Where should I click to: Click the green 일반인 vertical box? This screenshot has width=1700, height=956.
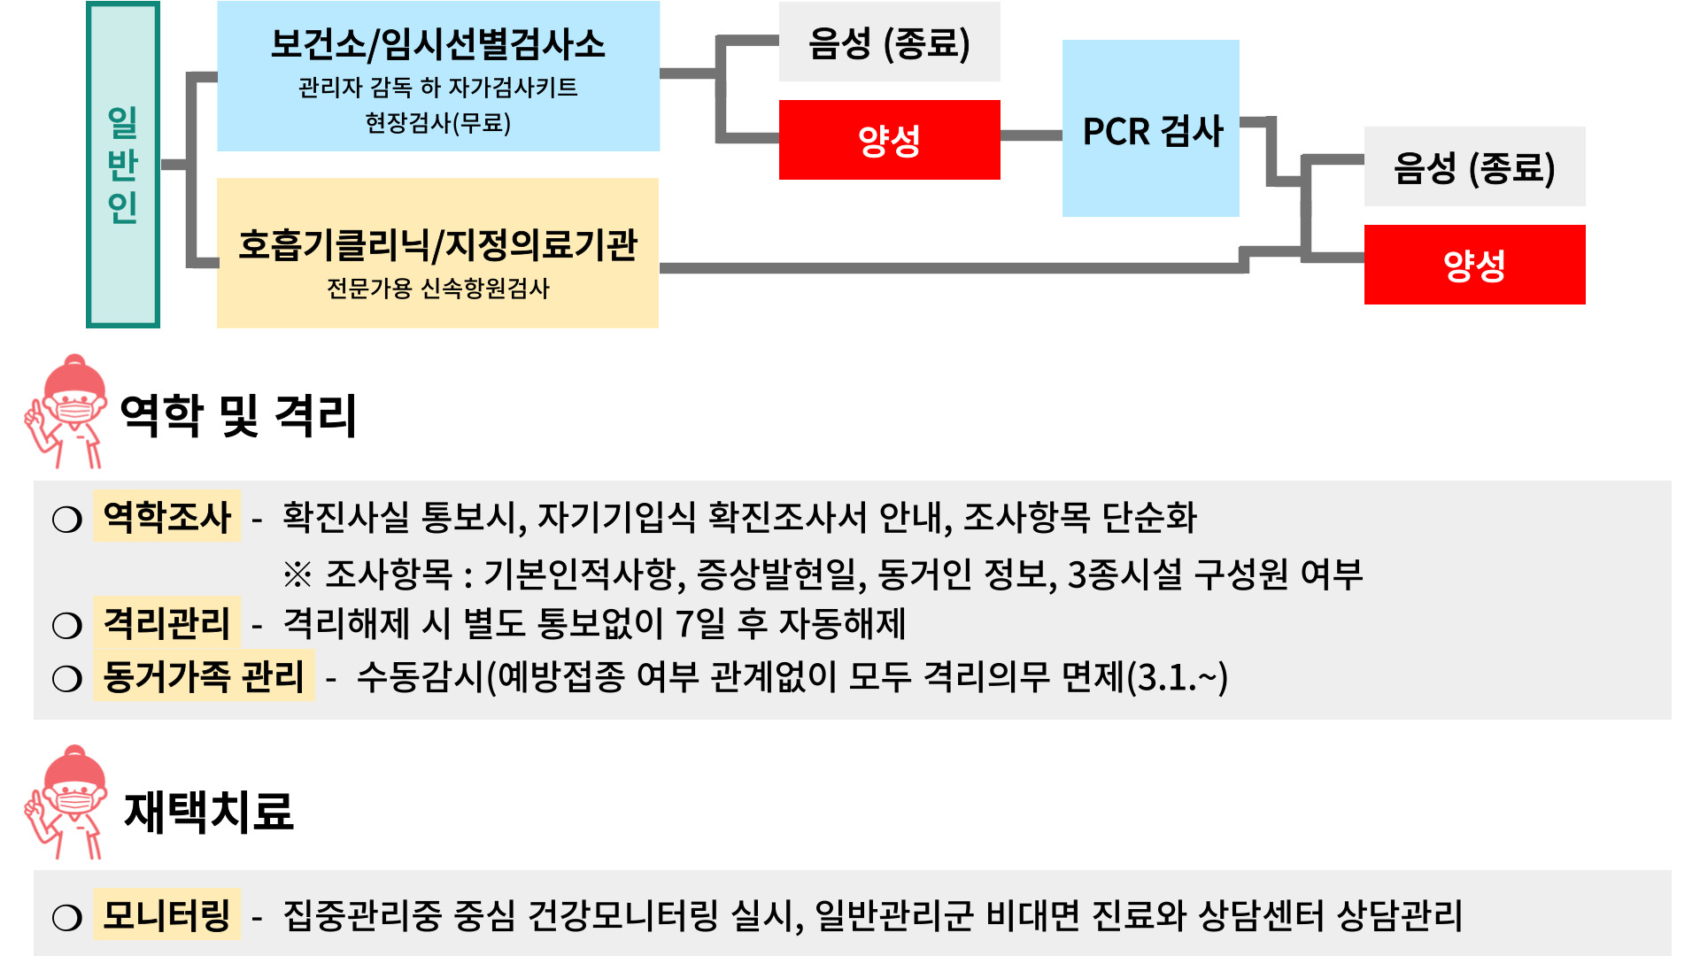tap(123, 165)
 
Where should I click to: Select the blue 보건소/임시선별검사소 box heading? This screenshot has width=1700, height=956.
tap(437, 44)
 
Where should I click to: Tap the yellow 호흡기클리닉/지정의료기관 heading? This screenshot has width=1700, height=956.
tap(437, 245)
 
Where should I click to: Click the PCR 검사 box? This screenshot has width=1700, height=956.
tap(1151, 129)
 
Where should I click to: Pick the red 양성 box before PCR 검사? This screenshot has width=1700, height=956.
tap(889, 140)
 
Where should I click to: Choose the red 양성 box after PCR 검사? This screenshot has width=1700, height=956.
tap(1474, 265)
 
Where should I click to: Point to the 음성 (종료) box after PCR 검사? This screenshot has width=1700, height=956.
tap(1474, 167)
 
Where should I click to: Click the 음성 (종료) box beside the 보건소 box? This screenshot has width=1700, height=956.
tap(889, 42)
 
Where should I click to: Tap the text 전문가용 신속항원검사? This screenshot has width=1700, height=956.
tap(437, 289)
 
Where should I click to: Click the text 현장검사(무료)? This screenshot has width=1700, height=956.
tap(437, 122)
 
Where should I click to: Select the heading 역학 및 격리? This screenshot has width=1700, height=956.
tap(237, 415)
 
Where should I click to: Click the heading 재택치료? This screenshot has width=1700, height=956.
tap(209, 811)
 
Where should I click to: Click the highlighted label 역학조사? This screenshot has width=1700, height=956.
tap(166, 516)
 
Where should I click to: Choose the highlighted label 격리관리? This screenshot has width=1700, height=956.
tap(166, 622)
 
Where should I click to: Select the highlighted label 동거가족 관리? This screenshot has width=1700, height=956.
tap(204, 676)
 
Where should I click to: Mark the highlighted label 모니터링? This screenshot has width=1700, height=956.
tap(166, 914)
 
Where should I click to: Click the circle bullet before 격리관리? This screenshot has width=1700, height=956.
tap(67, 625)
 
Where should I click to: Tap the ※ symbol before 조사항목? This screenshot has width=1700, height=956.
tap(297, 574)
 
